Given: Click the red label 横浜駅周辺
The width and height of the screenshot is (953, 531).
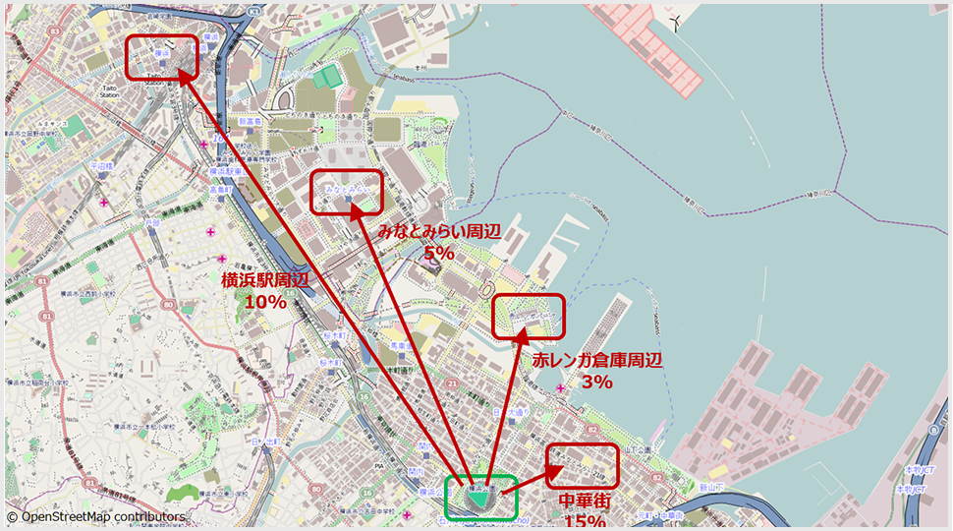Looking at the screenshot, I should [264, 280].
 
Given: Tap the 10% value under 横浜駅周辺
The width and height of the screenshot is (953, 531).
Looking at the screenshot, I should [264, 302].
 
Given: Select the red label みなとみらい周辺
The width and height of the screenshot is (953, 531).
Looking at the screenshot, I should [439, 233].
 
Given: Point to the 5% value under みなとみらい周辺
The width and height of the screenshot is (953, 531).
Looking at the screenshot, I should [439, 254].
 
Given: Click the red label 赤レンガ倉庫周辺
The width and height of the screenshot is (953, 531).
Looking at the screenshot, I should [597, 361].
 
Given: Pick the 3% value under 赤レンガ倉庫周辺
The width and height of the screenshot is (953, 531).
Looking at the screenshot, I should [597, 383].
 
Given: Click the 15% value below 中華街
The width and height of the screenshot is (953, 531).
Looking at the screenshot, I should [585, 522].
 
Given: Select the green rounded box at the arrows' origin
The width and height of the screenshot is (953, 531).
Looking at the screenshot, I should [479, 498].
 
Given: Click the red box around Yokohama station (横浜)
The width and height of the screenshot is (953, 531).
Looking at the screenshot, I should [161, 57].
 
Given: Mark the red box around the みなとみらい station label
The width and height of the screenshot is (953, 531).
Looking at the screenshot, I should [346, 191].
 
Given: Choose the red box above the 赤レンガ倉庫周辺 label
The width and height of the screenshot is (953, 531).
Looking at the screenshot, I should [529, 316].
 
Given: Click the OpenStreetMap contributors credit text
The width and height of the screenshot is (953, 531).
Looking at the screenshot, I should [95, 516].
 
